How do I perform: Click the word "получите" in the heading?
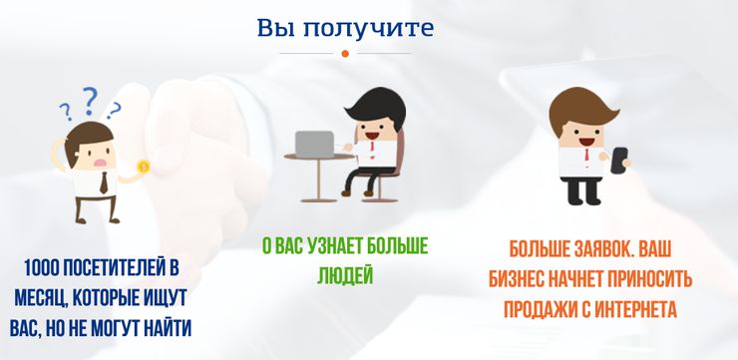click(367, 28)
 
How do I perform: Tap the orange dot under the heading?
click(345, 54)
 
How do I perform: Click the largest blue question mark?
click(90, 101)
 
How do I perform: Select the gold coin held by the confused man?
click(143, 167)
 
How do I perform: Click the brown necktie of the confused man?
click(104, 182)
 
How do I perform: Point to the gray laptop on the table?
click(314, 144)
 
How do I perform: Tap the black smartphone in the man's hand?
click(619, 161)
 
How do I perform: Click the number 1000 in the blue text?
click(42, 268)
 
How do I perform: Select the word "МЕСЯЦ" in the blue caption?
click(41, 299)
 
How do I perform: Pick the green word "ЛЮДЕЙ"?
click(345, 275)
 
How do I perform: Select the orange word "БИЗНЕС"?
click(515, 280)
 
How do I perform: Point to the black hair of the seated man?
click(377, 107)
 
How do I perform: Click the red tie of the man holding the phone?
click(586, 155)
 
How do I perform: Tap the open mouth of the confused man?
click(101, 163)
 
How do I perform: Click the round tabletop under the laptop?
click(319, 158)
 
